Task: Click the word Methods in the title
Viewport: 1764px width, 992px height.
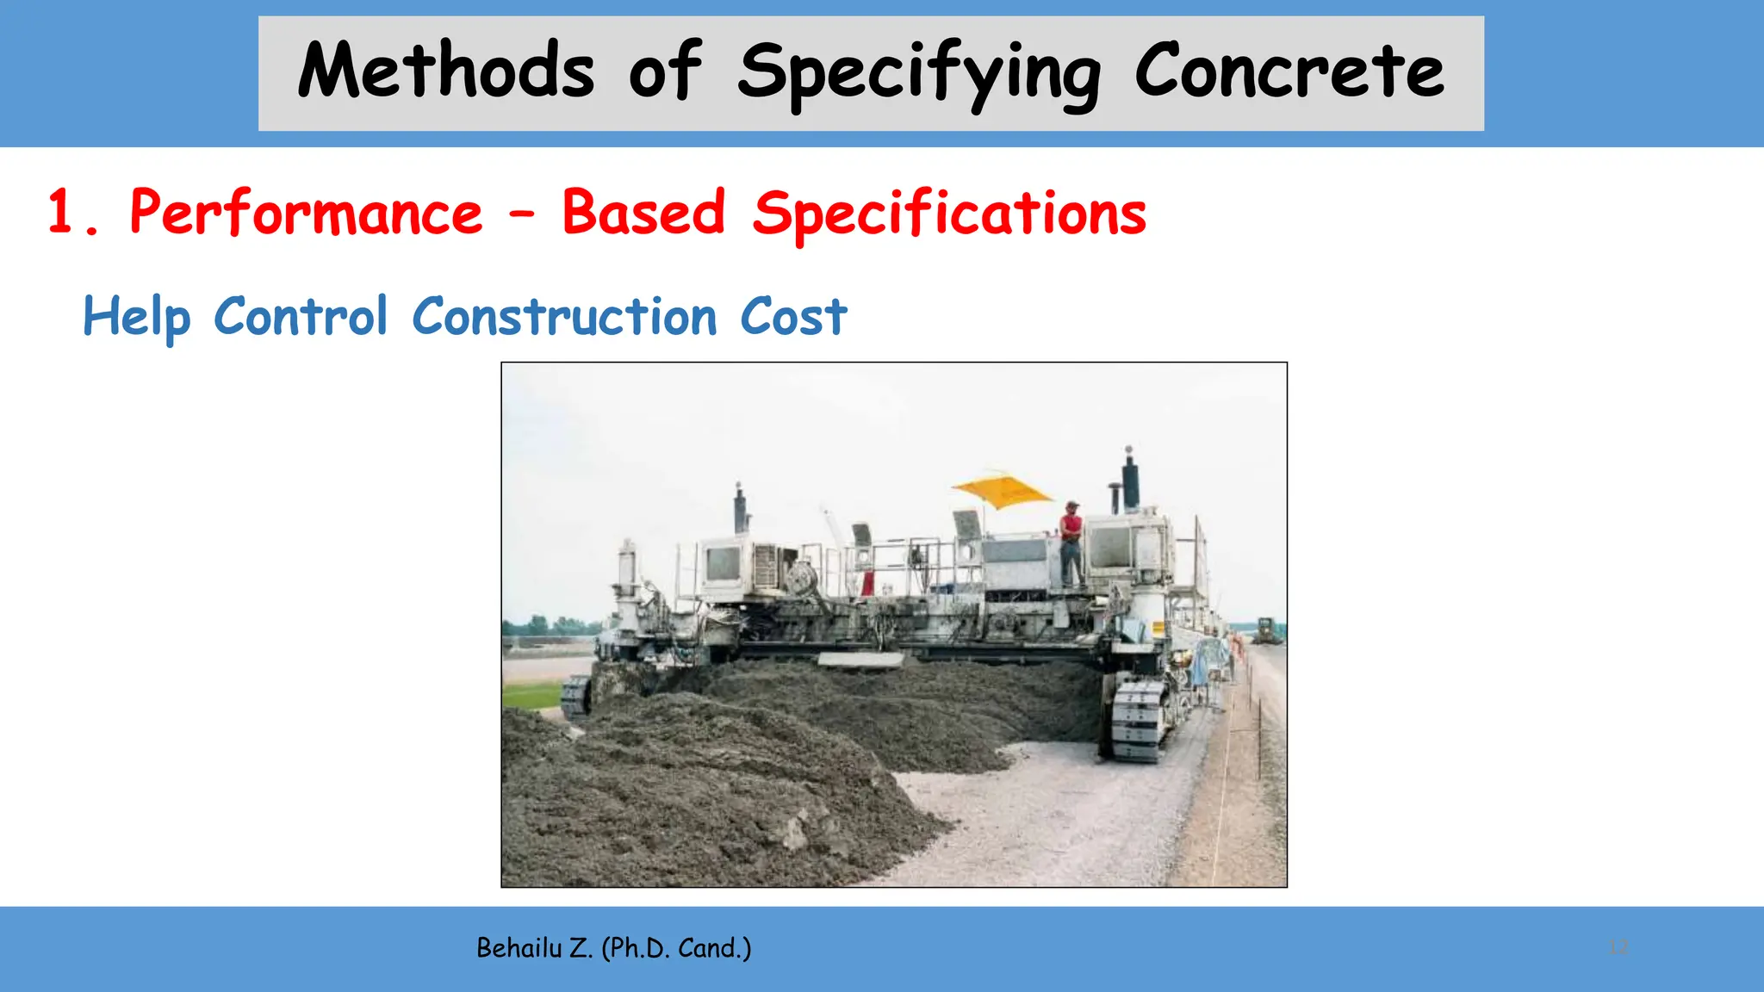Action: [445, 71]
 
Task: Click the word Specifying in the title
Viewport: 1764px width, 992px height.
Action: [919, 73]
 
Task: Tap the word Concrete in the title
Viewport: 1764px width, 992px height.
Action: [1289, 71]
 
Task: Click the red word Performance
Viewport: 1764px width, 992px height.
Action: [306, 213]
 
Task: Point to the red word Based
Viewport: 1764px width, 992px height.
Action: [643, 213]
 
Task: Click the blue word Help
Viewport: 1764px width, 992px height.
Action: [136, 317]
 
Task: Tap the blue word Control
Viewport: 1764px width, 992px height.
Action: [301, 316]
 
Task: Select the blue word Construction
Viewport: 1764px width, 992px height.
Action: [564, 316]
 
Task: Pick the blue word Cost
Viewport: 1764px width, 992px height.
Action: [793, 316]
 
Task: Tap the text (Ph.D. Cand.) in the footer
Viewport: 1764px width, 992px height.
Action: [676, 948]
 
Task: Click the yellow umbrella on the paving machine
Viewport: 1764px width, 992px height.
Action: [1003, 491]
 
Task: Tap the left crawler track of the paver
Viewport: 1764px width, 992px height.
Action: [575, 696]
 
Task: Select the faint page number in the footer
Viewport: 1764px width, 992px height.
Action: [1618, 948]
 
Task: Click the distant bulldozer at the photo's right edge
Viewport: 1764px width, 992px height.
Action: [1266, 630]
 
